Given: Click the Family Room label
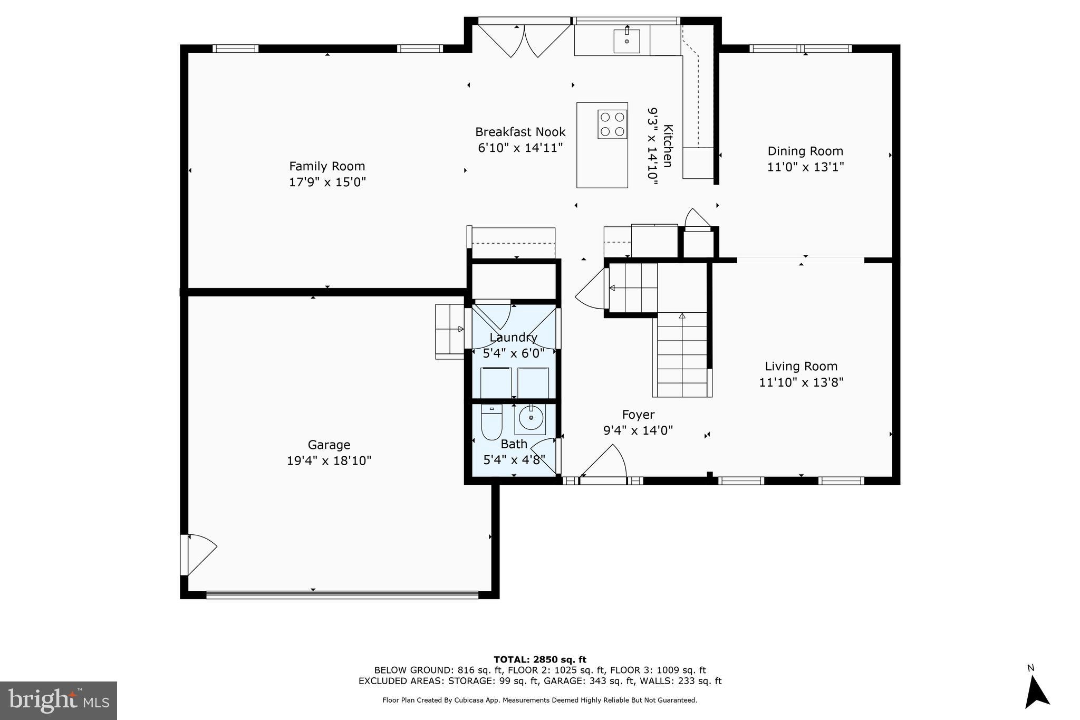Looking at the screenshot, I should point(327,166).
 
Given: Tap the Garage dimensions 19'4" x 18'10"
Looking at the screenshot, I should point(329,460).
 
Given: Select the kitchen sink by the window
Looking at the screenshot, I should point(626,41).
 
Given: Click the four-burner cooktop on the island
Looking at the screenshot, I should point(612,124).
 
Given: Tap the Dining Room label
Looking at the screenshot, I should point(805,151).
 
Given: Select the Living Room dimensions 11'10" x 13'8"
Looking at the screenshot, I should point(801,382).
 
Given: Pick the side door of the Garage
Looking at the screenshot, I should point(198,554).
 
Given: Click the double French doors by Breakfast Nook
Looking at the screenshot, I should point(524,40).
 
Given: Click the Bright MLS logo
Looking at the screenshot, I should point(59,700).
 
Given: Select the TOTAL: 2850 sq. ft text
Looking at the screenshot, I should point(539,659).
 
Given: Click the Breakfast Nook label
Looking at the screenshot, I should point(520,132).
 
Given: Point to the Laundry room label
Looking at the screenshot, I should point(513,337).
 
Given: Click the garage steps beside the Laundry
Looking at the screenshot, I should point(449,331).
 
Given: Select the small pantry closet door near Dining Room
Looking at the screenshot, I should point(697,219).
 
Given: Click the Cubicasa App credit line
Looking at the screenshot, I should point(539,700).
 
